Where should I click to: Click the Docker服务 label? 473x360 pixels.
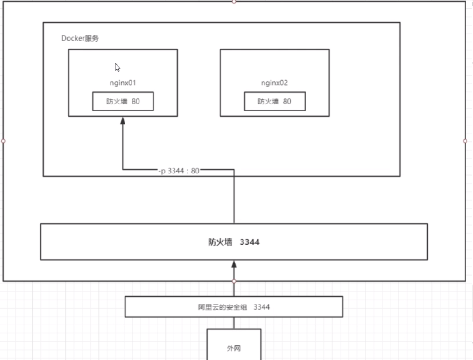pyautogui.click(x=80, y=39)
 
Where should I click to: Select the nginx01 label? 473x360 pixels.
pyautogui.click(x=123, y=83)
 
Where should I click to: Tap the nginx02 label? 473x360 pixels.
pyautogui.click(x=274, y=83)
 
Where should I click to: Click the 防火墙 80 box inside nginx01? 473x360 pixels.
pyautogui.click(x=123, y=101)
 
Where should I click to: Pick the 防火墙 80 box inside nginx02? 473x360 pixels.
pyautogui.click(x=275, y=101)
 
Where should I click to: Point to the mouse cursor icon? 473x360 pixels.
pyautogui.click(x=118, y=67)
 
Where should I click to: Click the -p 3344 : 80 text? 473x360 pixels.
pyautogui.click(x=179, y=171)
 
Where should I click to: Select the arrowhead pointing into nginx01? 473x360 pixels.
pyautogui.click(x=123, y=120)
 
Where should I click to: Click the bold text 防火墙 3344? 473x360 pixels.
pyautogui.click(x=233, y=242)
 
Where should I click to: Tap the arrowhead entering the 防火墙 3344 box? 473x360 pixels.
pyautogui.click(x=234, y=264)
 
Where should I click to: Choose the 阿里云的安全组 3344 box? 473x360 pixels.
pyautogui.click(x=234, y=307)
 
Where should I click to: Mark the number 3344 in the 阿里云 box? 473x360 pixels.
pyautogui.click(x=261, y=307)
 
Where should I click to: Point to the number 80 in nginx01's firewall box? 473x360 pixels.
pyautogui.click(x=136, y=101)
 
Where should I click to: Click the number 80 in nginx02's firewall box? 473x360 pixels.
pyautogui.click(x=287, y=101)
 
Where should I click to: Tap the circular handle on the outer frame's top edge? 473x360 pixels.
pyautogui.click(x=234, y=1)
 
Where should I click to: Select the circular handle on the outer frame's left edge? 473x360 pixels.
pyautogui.click(x=3, y=141)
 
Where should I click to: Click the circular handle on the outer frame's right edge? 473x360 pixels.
pyautogui.click(x=465, y=141)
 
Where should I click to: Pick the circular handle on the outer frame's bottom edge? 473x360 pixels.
pyautogui.click(x=234, y=281)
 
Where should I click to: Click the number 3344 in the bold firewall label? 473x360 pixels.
pyautogui.click(x=250, y=242)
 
